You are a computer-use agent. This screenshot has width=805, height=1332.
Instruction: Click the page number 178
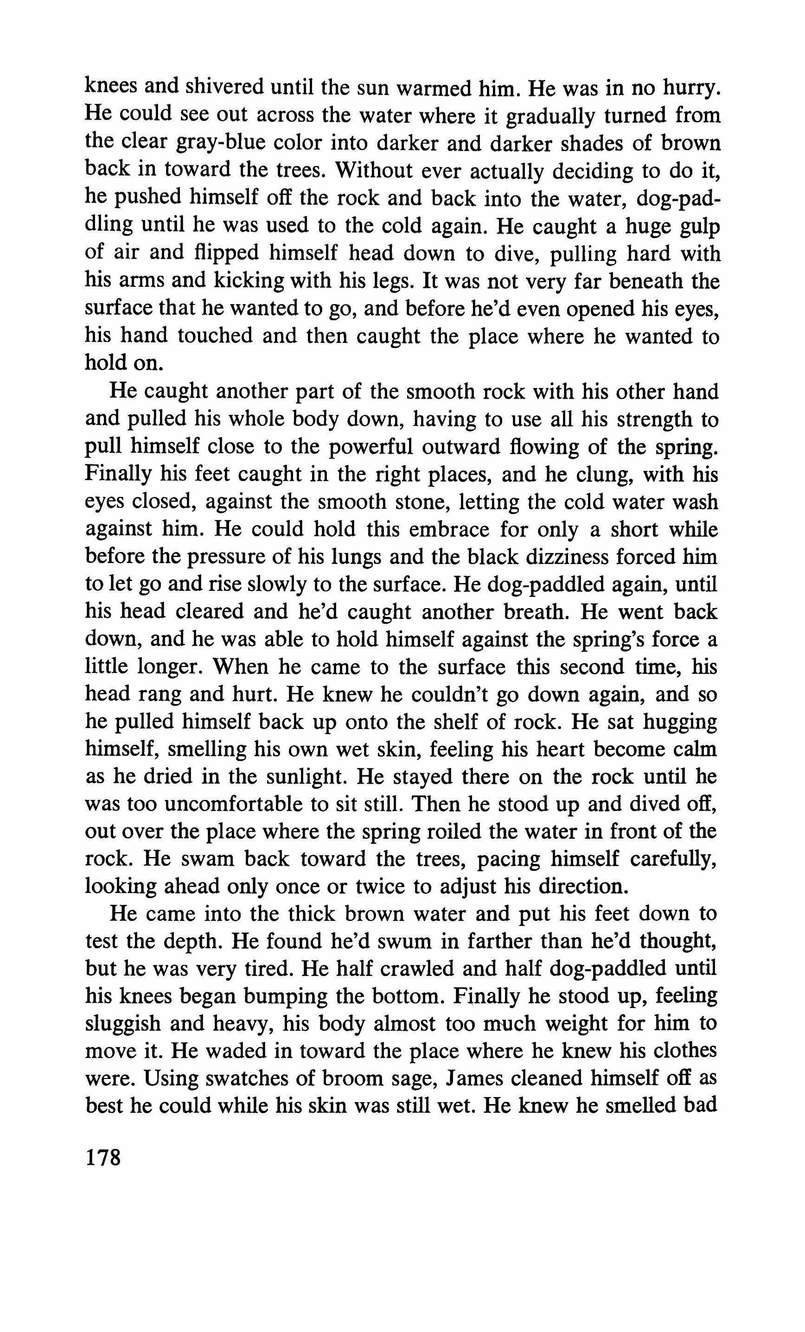coord(102,1158)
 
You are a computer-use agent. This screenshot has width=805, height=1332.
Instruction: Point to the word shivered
coord(224,87)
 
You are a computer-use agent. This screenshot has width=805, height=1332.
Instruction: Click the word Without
coord(373,170)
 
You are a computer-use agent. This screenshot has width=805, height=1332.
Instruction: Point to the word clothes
coord(685,1050)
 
